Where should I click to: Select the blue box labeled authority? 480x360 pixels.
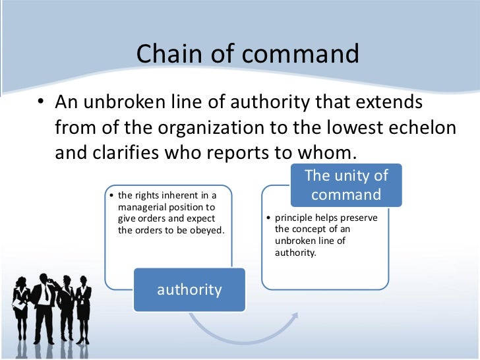tap(189, 289)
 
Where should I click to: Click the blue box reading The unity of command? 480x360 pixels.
tap(345, 185)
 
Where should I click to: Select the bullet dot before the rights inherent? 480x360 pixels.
tap(112, 196)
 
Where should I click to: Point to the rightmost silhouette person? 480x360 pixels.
tap(84, 306)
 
